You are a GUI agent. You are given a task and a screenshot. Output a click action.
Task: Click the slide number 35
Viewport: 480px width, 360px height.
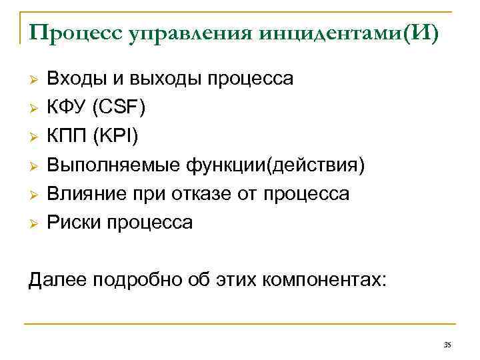point(447,345)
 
